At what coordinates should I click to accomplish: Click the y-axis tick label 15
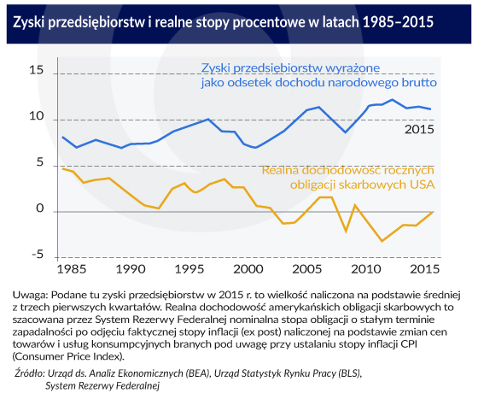click(x=37, y=70)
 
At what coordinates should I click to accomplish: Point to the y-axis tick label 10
click(x=37, y=116)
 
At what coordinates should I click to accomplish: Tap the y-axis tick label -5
click(x=38, y=254)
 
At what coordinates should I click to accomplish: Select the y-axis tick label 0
click(x=40, y=208)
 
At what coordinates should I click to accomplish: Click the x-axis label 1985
click(x=72, y=269)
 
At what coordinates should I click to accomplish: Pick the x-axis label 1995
click(x=189, y=269)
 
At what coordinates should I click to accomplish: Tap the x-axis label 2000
click(x=248, y=269)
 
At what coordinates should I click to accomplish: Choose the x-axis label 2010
click(x=366, y=269)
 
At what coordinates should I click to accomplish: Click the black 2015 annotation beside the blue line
click(x=419, y=129)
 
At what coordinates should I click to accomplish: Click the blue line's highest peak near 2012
click(x=392, y=99)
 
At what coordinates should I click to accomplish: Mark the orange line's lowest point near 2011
click(x=382, y=241)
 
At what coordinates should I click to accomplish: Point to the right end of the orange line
click(x=432, y=212)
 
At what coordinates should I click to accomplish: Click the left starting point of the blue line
click(x=63, y=138)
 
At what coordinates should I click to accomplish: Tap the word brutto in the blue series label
click(x=422, y=82)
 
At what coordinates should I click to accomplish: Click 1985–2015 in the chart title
click(x=398, y=22)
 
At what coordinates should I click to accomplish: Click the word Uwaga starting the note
click(x=31, y=296)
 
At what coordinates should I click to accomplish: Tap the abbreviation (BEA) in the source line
click(x=198, y=373)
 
